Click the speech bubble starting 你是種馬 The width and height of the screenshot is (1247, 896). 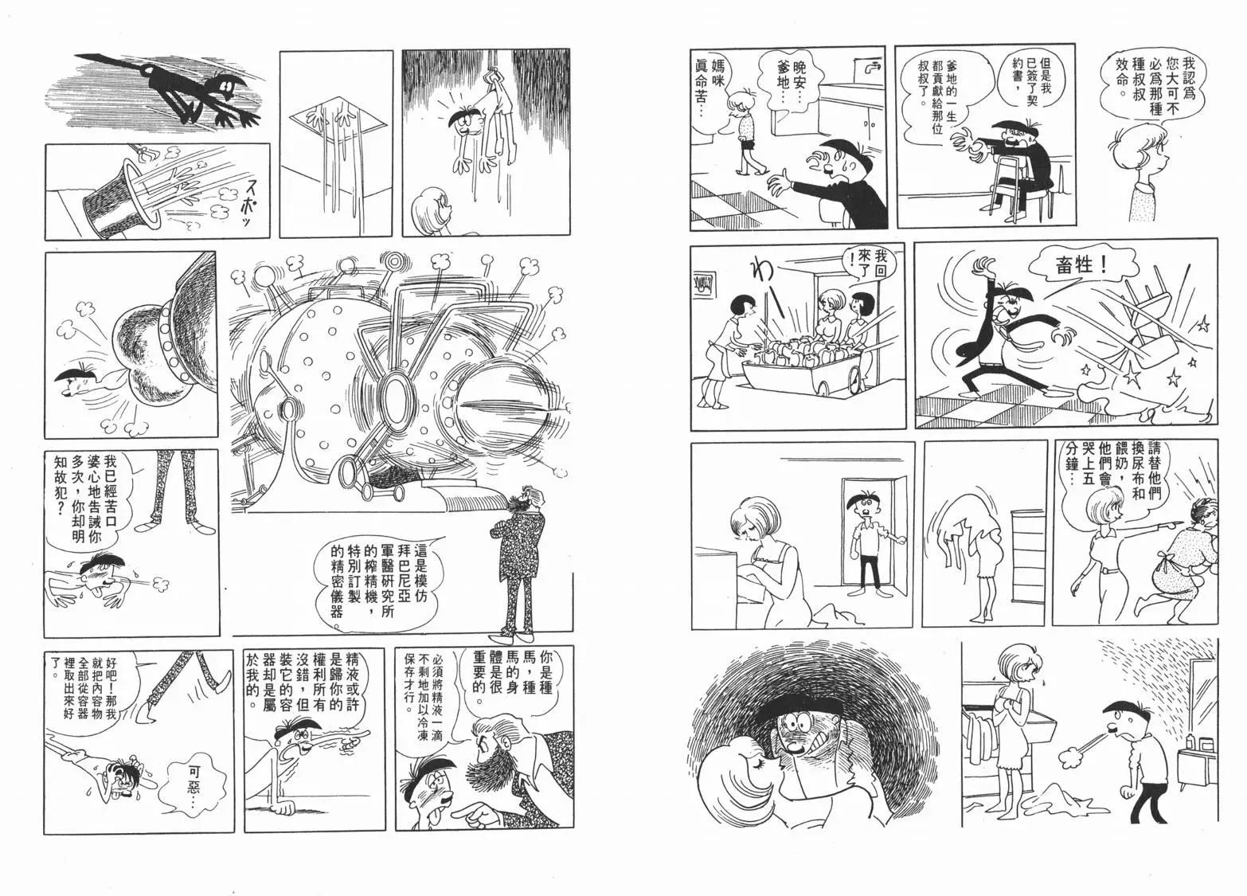(512, 680)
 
